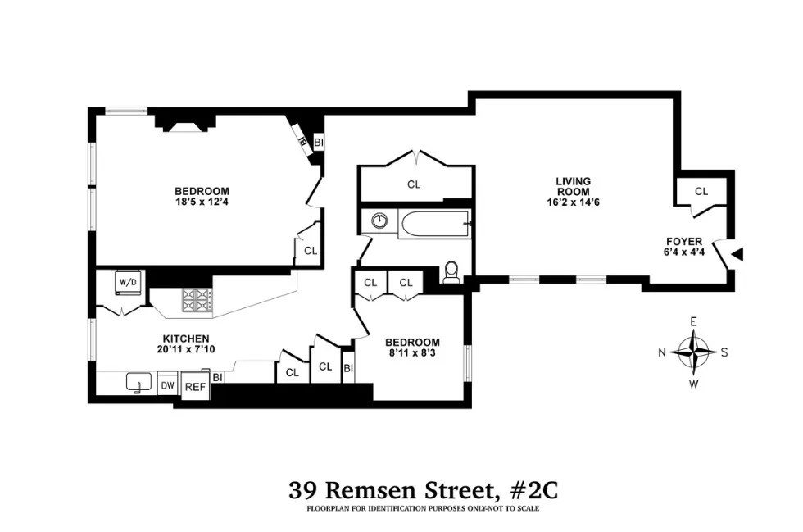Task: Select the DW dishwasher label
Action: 167,384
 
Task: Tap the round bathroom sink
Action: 379,221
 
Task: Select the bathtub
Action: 434,224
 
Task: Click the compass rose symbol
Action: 693,352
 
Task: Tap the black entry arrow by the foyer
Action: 737,255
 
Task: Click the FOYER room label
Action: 683,242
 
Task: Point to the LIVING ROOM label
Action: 573,186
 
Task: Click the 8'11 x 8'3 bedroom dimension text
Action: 414,354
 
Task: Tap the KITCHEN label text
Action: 185,339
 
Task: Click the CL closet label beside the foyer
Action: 701,192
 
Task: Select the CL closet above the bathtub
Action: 414,184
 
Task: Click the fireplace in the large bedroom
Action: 185,123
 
